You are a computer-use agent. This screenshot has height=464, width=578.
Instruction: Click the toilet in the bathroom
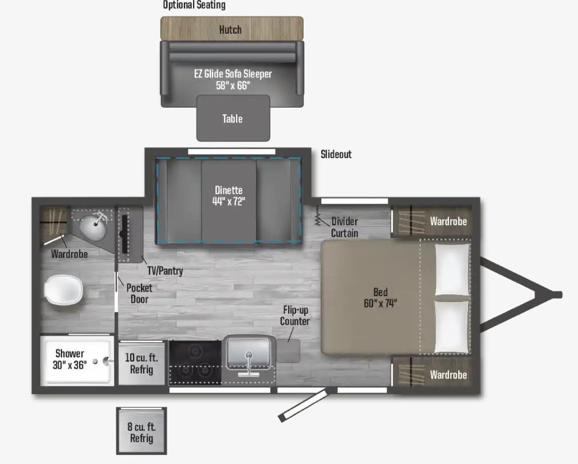pyautogui.click(x=64, y=290)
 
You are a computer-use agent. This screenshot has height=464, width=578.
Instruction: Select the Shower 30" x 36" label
pyautogui.click(x=70, y=359)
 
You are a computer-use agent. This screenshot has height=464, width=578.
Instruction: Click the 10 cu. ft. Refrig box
pyautogui.click(x=141, y=364)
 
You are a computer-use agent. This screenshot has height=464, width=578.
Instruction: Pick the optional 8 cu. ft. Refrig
pyautogui.click(x=141, y=431)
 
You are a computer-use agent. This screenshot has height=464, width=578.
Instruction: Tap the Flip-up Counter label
pyautogui.click(x=295, y=316)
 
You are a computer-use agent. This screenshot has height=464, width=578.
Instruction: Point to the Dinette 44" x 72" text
pyautogui.click(x=229, y=196)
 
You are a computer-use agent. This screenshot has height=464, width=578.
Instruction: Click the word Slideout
pyautogui.click(x=336, y=154)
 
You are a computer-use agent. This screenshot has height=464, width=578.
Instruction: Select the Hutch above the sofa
pyautogui.click(x=232, y=29)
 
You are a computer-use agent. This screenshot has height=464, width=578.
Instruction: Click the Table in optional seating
pyautogui.click(x=233, y=119)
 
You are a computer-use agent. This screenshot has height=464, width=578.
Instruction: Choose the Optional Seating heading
pyautogui.click(x=194, y=5)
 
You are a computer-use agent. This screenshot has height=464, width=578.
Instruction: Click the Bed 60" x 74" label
pyautogui.click(x=380, y=298)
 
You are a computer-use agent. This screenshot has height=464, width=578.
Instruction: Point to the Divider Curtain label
pyautogui.click(x=345, y=227)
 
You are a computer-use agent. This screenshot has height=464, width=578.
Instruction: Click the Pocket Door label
pyautogui.click(x=139, y=293)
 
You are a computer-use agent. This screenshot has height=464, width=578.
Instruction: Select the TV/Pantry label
pyautogui.click(x=165, y=271)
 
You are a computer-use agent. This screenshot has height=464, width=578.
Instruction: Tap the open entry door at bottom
pyautogui.click(x=303, y=404)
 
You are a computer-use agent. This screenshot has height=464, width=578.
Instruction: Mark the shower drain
pyautogui.click(x=95, y=361)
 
